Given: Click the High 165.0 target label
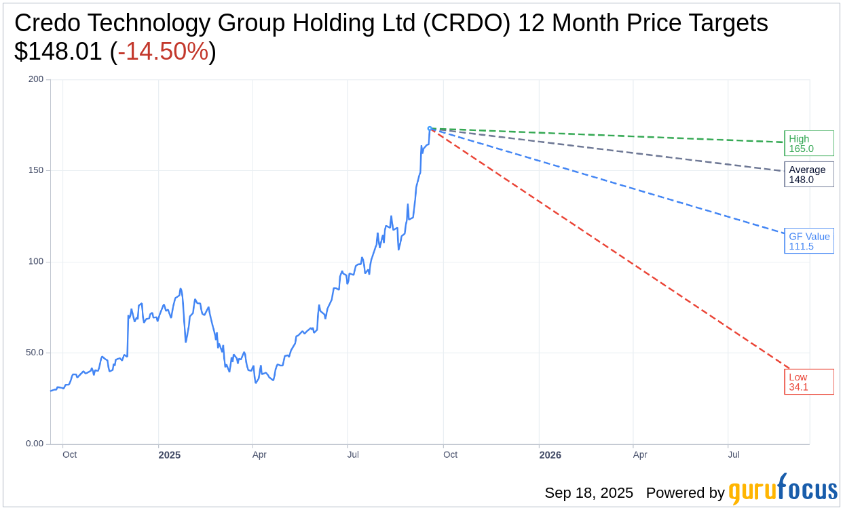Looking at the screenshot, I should click(808, 143).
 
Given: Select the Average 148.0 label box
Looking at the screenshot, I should click(808, 174).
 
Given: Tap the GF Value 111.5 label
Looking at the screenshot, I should click(808, 241).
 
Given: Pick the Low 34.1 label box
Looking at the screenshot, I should click(808, 382).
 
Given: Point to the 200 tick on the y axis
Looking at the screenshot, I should click(35, 79).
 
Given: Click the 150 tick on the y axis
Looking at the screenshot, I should click(35, 170).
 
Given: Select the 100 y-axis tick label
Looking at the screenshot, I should click(35, 261).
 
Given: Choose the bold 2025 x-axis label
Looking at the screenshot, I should click(170, 455).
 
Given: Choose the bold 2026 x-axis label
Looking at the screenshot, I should click(550, 455).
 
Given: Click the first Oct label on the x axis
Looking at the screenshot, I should click(69, 455).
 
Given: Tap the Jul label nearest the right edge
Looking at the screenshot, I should click(734, 455).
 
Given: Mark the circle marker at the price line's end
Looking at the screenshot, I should click(430, 128).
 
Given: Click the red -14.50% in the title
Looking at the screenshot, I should click(163, 52).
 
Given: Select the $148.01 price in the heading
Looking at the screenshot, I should click(58, 52).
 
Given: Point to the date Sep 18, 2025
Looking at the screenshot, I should click(588, 493).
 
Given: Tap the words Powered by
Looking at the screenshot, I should click(685, 493).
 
